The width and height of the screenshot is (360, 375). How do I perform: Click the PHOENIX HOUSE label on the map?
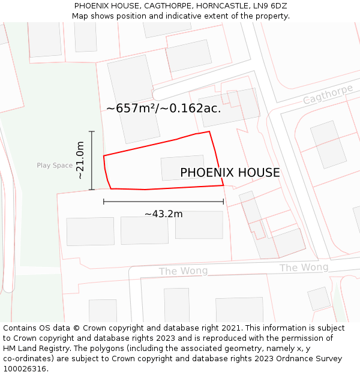click(230, 173)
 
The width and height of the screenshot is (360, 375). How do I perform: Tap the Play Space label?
click(55, 166)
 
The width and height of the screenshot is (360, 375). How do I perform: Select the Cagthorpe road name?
click(328, 94)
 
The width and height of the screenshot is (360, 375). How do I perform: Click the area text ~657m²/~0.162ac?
click(164, 109)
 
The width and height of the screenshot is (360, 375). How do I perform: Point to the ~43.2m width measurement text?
click(163, 214)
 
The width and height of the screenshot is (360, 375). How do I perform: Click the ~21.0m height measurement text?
click(80, 161)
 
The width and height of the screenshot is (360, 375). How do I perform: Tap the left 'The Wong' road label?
click(183, 271)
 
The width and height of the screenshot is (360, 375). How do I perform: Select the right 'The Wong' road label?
click(304, 268)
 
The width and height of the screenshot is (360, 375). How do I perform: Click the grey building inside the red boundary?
click(182, 168)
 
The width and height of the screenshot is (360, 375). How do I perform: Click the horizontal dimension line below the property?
click(163, 202)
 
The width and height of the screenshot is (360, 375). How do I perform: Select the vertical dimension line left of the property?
click(92, 161)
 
